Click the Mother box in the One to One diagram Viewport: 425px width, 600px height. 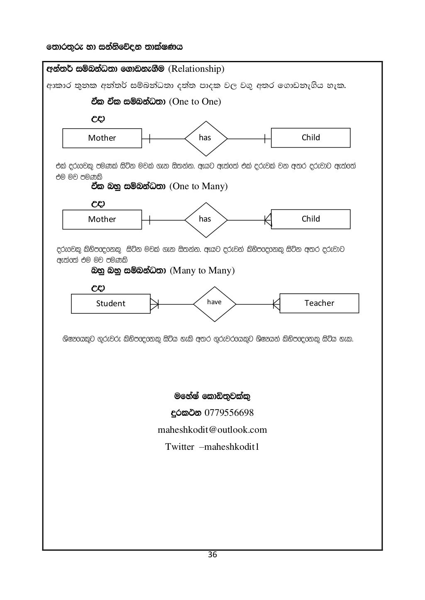(x=102, y=138)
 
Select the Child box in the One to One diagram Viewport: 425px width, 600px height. (x=310, y=138)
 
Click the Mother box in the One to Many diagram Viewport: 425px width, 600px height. (x=102, y=220)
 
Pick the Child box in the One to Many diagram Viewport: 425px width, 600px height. (x=310, y=219)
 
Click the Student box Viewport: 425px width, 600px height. (x=111, y=304)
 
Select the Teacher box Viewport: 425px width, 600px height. (x=319, y=303)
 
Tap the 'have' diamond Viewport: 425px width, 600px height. (x=215, y=303)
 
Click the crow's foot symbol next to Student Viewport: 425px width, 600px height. (x=154, y=304)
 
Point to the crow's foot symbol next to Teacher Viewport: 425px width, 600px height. (x=276, y=304)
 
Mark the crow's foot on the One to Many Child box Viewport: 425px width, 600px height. (x=268, y=220)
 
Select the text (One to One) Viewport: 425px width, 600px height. (x=195, y=102)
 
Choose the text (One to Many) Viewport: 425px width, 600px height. (x=199, y=186)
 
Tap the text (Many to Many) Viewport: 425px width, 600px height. (x=202, y=271)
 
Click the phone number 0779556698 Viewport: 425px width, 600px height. (x=229, y=413)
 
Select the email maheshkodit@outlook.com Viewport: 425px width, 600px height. (x=212, y=430)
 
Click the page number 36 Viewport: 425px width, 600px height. (x=212, y=555)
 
